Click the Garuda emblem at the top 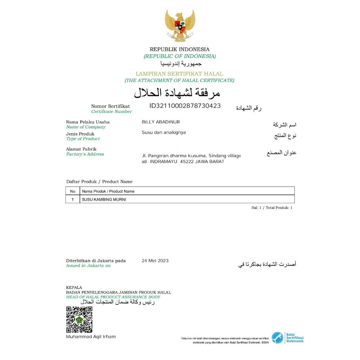180,25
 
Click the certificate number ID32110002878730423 185,106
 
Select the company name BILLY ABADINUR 161,122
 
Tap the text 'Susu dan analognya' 163,133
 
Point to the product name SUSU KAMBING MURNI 104,199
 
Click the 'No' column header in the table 73,191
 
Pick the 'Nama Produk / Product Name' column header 108,191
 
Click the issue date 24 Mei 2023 155,261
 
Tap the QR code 79,320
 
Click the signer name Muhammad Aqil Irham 91,337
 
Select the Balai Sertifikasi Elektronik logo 287,338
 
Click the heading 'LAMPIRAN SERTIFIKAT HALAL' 179,74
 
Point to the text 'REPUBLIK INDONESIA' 179,50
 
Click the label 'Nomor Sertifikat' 110,106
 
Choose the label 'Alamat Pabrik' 81,149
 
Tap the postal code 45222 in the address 187,161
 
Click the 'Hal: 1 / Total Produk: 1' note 271,208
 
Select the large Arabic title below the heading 177,93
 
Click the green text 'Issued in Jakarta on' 88,266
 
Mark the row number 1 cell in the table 73,199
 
